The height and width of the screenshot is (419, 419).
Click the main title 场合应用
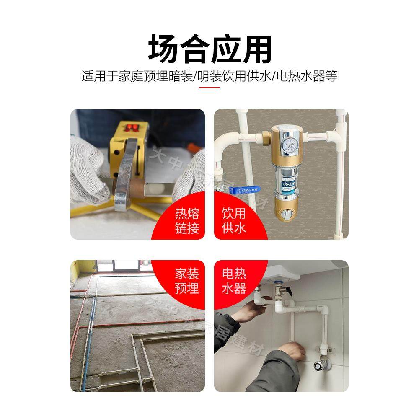pyautogui.click(x=209, y=49)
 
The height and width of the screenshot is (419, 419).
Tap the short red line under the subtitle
pyautogui.click(x=209, y=88)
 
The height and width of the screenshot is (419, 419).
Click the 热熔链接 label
pyautogui.click(x=187, y=221)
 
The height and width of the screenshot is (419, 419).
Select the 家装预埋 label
pyautogui.click(x=187, y=282)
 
